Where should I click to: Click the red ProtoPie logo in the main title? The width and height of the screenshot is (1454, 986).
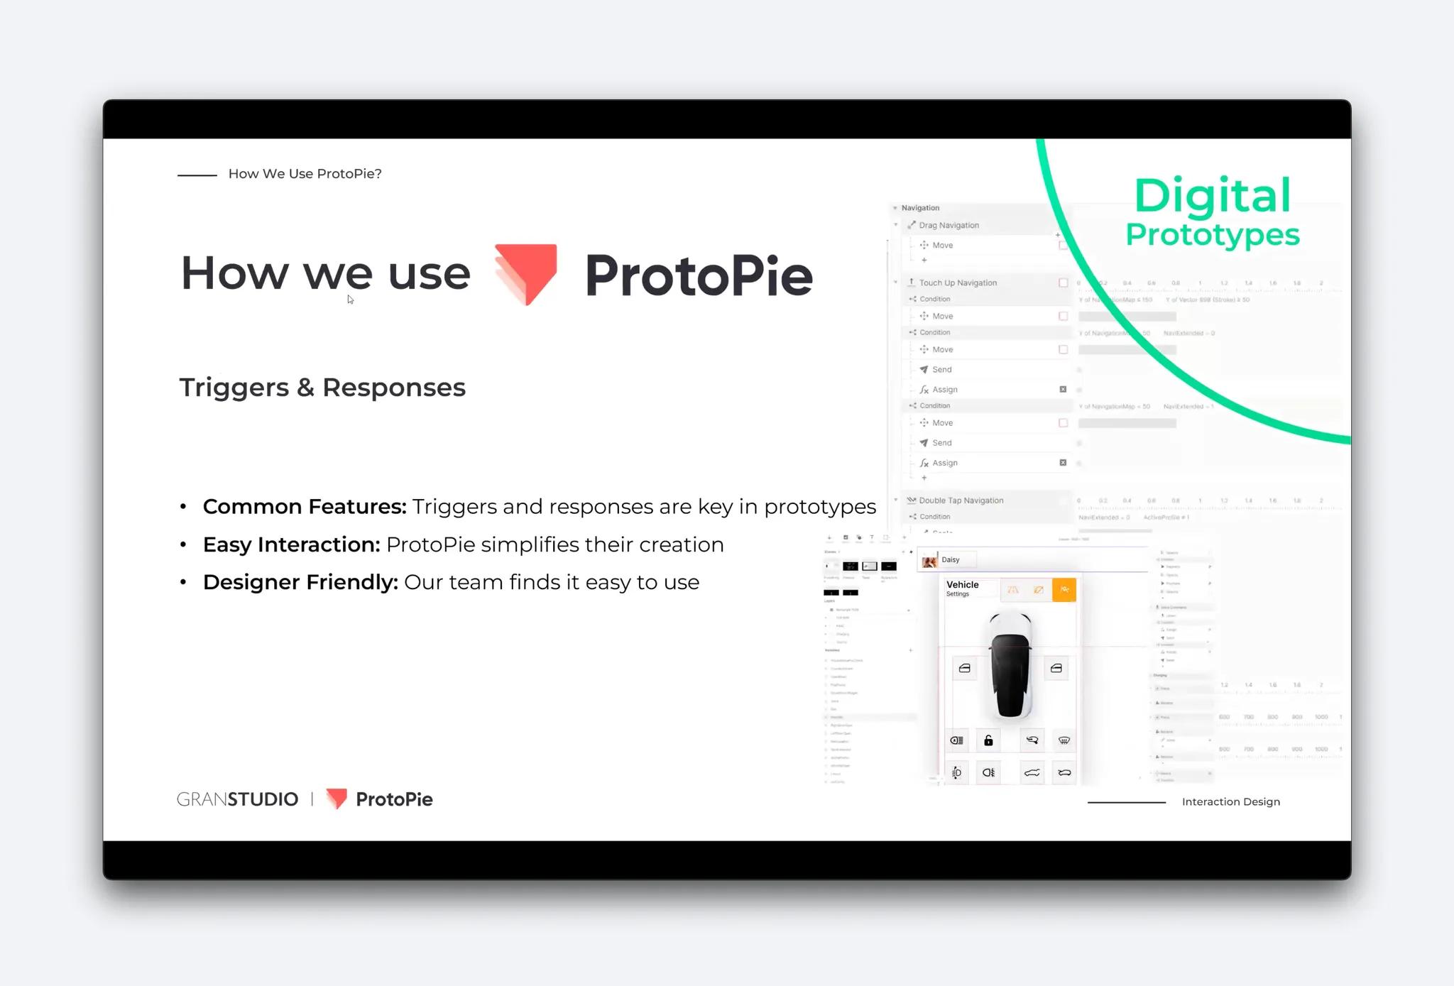click(526, 273)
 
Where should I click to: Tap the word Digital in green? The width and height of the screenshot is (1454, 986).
click(1212, 196)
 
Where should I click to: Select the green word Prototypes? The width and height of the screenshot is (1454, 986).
click(1212, 235)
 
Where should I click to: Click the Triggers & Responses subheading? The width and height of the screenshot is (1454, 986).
click(322, 388)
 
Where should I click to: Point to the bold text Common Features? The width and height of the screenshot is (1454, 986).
click(305, 507)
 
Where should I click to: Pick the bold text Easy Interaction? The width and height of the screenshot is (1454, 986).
click(292, 544)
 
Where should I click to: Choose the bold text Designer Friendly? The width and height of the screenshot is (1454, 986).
click(300, 582)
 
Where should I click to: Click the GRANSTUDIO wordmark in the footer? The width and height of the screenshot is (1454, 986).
click(237, 799)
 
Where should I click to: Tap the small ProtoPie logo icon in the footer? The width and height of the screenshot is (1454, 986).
click(337, 799)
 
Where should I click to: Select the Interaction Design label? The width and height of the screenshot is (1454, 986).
click(1230, 801)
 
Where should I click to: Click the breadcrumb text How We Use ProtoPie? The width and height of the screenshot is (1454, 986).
click(305, 174)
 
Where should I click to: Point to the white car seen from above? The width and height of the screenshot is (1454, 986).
click(1010, 665)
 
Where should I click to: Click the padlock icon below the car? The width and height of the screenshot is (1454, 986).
click(988, 740)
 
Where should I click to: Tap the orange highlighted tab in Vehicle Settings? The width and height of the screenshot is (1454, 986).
click(1064, 589)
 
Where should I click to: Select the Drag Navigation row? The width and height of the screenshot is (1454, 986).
click(949, 225)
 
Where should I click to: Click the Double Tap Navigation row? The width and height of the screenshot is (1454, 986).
click(961, 500)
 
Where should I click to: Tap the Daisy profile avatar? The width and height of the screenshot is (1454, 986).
click(929, 561)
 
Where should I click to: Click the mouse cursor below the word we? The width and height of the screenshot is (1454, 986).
click(350, 300)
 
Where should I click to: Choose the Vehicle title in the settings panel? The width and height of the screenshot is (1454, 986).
click(962, 585)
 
